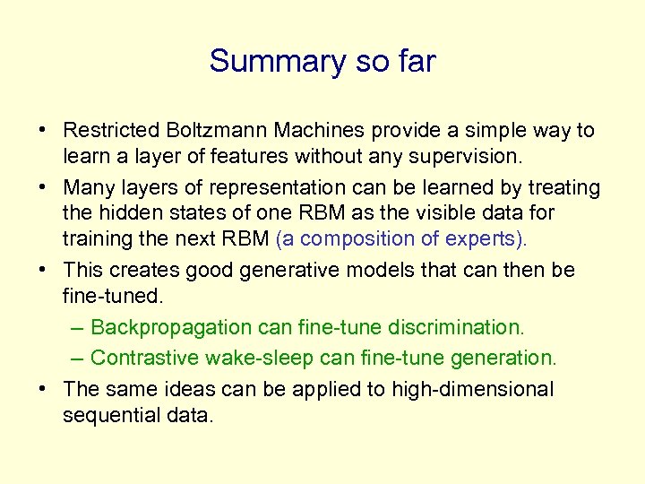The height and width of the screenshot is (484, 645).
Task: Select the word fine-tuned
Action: (112, 295)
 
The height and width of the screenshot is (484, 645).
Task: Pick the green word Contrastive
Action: (145, 358)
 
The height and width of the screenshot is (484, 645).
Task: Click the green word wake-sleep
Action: (260, 358)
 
